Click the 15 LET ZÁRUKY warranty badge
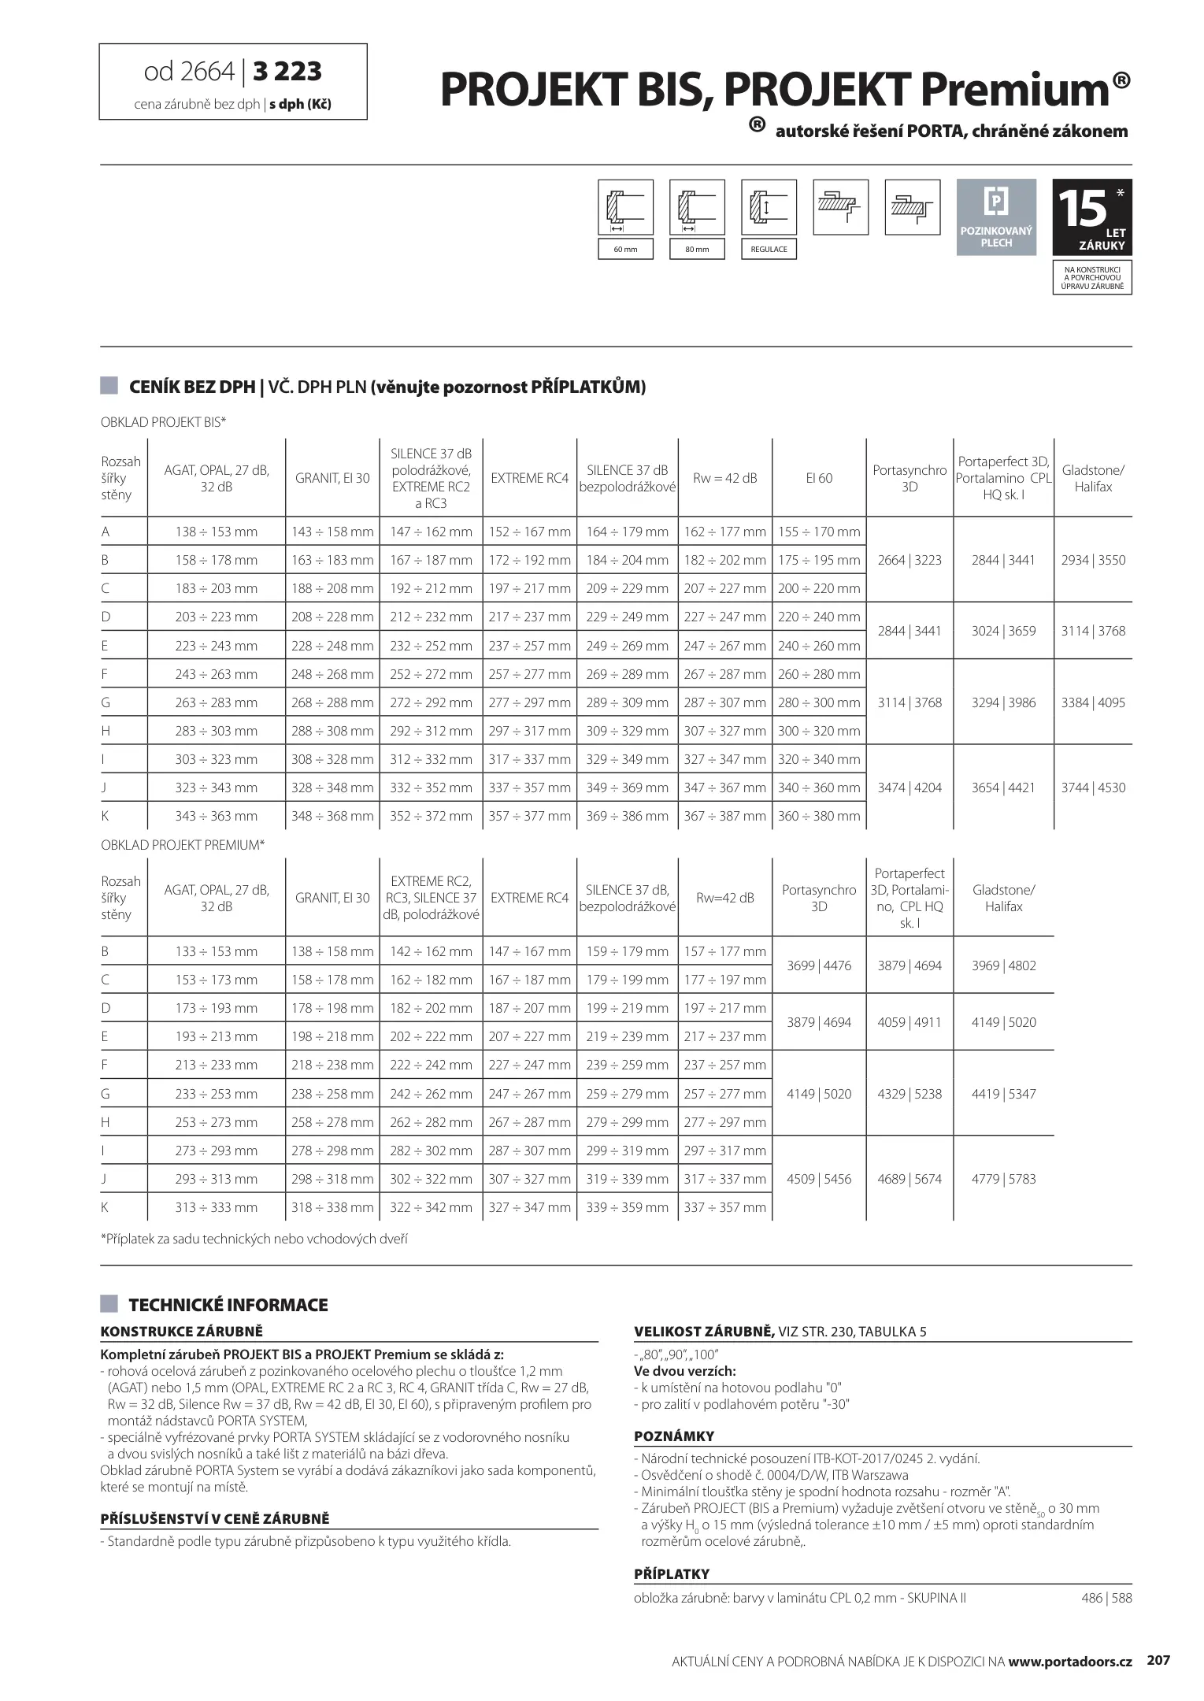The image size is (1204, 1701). (x=1091, y=217)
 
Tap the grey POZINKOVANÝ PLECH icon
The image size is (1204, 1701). (x=996, y=217)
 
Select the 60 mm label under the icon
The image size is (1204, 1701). (x=625, y=250)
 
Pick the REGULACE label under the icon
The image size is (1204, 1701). (x=769, y=250)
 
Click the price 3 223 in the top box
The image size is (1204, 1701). (x=287, y=72)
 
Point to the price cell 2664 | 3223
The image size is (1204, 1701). (x=909, y=560)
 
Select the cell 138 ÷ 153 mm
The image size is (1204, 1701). (x=216, y=532)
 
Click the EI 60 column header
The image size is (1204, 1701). (x=819, y=478)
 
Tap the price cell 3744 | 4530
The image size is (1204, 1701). (x=1093, y=787)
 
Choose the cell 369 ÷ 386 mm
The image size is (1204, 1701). (x=627, y=816)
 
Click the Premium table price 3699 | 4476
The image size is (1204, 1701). (x=819, y=965)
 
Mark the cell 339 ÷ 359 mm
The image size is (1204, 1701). (x=627, y=1207)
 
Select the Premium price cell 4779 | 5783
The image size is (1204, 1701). (x=1003, y=1179)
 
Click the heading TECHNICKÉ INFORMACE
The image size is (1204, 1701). (x=228, y=1305)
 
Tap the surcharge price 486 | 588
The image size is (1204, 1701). (x=1106, y=1598)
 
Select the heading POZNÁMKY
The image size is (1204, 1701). (x=674, y=1436)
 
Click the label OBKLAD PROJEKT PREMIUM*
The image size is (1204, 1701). (x=183, y=845)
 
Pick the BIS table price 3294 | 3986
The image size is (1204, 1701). (x=1003, y=702)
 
